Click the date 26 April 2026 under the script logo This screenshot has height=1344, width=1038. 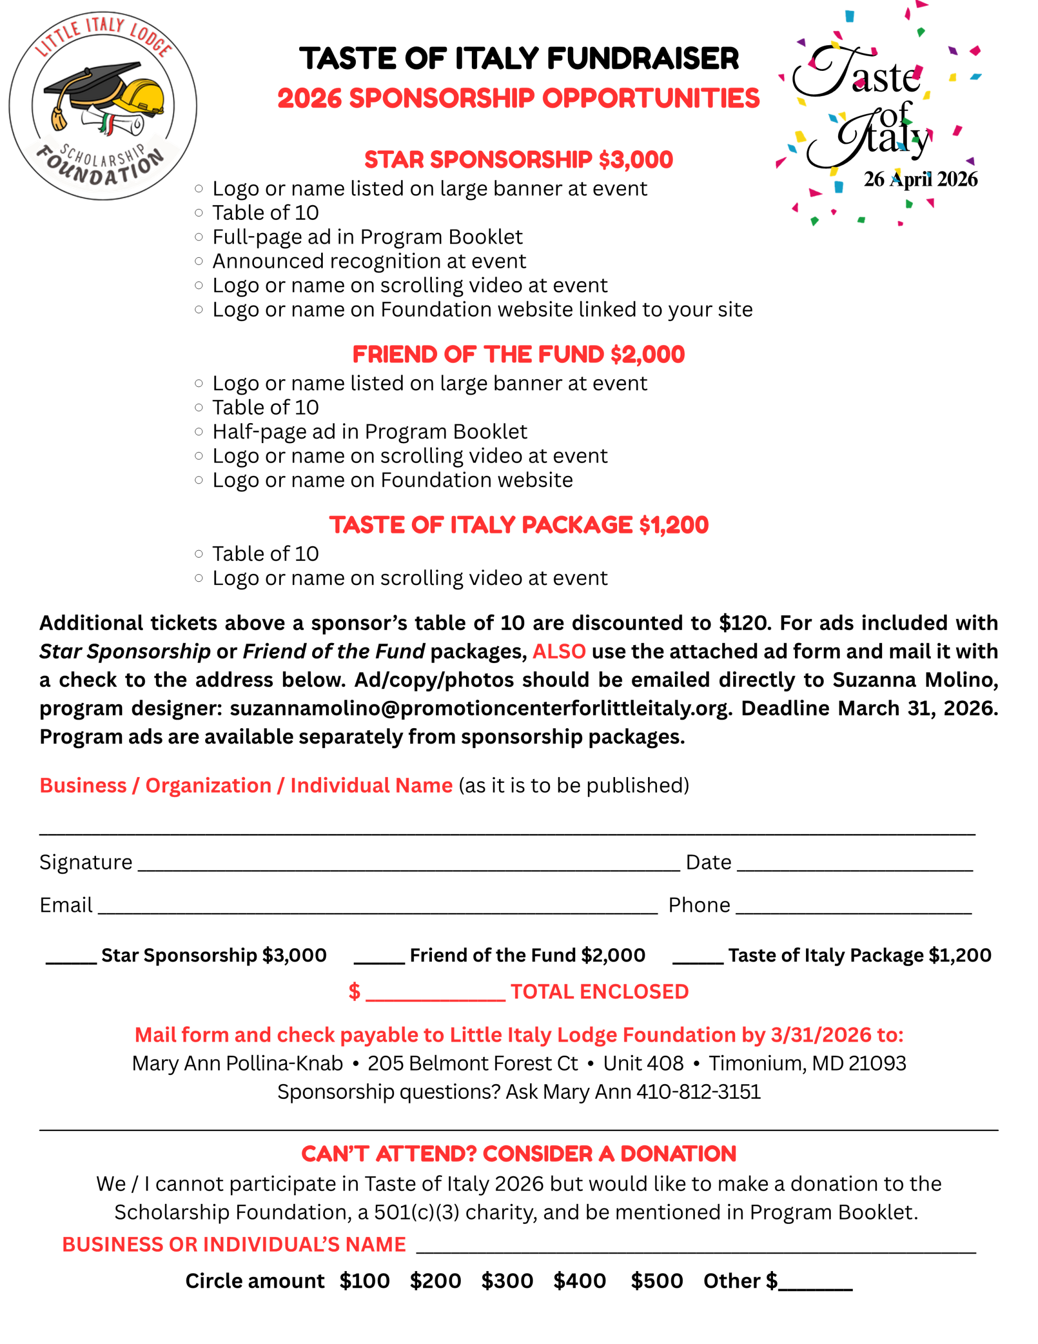[920, 179]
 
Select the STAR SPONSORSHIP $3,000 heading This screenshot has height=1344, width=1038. [518, 160]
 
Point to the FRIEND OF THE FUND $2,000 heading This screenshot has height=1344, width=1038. [518, 354]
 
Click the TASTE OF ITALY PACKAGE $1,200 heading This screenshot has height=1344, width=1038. [518, 525]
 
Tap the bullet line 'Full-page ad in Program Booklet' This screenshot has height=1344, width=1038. [367, 237]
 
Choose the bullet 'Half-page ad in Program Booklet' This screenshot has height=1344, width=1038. [370, 432]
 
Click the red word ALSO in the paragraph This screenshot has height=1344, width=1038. [559, 651]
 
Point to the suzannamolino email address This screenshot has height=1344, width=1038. [480, 708]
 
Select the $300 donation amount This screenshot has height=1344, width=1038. [507, 1280]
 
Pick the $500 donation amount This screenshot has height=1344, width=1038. [656, 1280]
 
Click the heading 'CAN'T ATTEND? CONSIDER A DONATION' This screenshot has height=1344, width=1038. [518, 1154]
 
